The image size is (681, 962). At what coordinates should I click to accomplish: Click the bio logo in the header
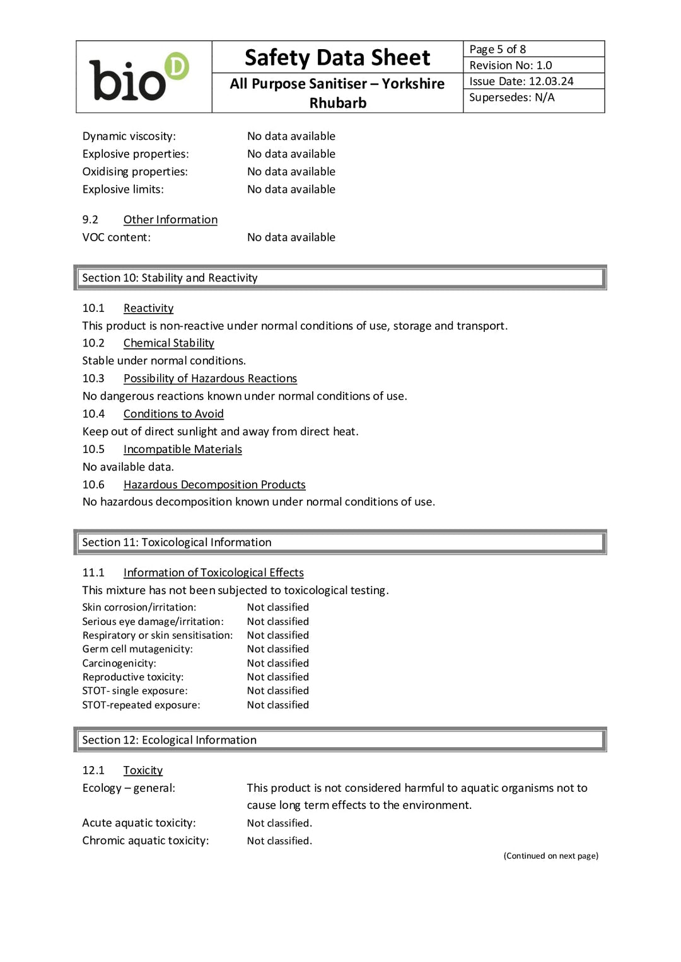139,77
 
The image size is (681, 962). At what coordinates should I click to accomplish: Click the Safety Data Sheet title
337,58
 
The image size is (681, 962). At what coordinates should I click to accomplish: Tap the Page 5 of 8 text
498,49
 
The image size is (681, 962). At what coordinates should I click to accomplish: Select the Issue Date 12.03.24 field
521,81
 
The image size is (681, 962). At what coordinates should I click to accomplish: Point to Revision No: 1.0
511,66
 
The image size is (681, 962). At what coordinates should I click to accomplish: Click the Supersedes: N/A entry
512,98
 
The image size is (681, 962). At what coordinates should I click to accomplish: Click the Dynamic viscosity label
129,136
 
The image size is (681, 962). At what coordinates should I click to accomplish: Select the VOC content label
117,238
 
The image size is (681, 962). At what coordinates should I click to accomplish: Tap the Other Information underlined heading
170,220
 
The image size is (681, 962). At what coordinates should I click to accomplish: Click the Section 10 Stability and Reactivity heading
170,278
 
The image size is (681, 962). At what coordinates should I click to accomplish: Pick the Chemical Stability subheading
168,343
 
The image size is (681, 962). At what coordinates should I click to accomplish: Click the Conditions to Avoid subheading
173,414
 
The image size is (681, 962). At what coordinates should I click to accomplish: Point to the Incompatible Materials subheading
183,449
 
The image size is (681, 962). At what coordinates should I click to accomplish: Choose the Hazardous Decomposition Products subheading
214,484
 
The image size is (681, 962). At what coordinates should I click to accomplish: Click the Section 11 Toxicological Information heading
177,542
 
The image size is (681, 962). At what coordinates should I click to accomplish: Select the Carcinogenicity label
119,663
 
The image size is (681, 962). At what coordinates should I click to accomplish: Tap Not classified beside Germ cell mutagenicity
278,649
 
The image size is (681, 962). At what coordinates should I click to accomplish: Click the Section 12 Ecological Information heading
170,740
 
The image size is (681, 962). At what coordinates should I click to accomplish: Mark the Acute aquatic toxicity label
139,823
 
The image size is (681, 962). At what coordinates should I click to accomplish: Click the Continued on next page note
550,856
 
